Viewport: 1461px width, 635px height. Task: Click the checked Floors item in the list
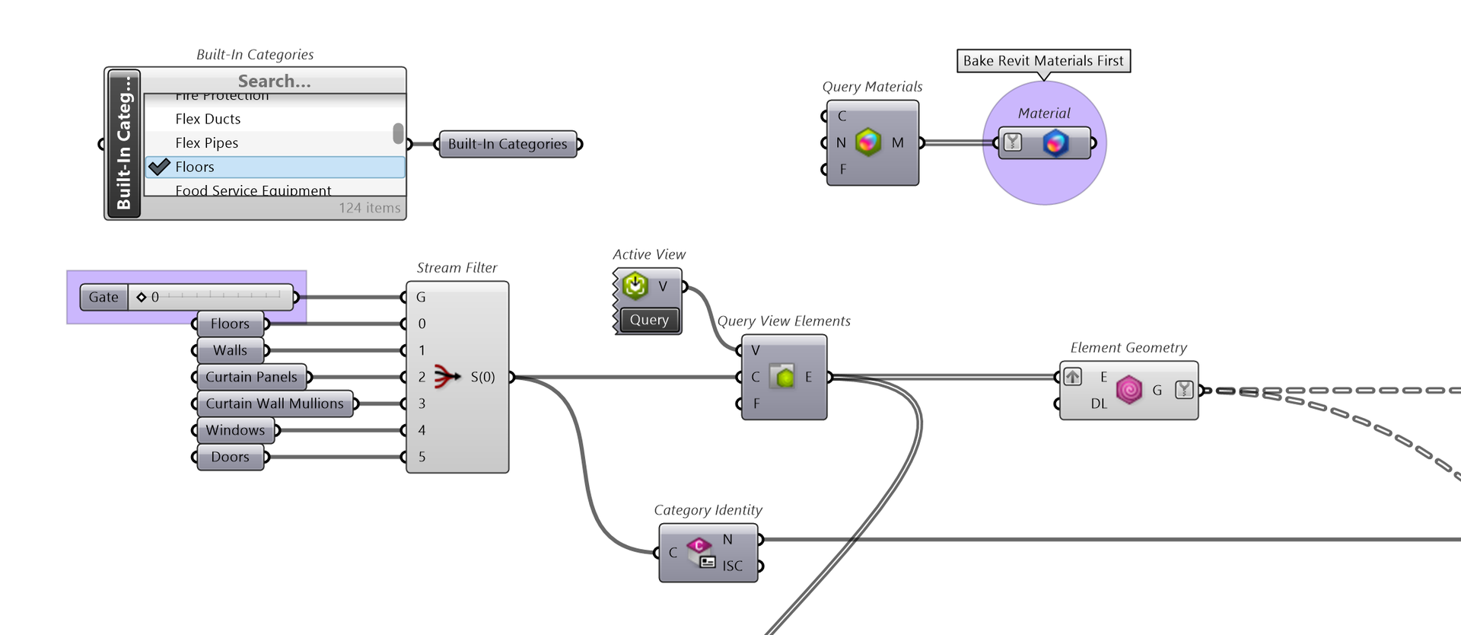click(195, 167)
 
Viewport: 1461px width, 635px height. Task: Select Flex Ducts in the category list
click(208, 119)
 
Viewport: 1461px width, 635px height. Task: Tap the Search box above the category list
click(274, 81)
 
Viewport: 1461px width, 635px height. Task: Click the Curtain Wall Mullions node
click(275, 404)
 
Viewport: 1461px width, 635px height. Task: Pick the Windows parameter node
click(235, 430)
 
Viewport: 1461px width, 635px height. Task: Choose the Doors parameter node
click(230, 457)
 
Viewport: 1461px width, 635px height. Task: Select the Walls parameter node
click(230, 350)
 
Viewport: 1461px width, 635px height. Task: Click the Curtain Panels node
click(251, 377)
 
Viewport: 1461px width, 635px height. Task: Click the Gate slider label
click(103, 297)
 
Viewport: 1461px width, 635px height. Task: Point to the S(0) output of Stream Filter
click(483, 377)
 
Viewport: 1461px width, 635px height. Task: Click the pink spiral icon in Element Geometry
click(1129, 390)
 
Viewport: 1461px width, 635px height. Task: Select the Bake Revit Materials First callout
click(1043, 61)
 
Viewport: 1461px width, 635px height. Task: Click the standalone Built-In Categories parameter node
click(508, 144)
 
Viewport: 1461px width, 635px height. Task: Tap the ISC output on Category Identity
click(733, 566)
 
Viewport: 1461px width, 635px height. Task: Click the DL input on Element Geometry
click(1099, 404)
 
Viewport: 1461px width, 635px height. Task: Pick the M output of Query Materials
click(898, 142)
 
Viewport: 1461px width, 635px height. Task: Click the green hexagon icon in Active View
click(635, 286)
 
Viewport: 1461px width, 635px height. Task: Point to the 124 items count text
click(369, 208)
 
